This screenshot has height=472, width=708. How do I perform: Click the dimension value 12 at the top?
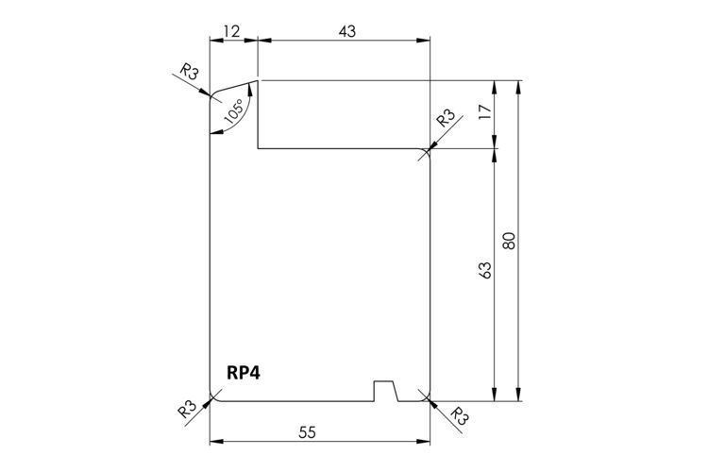[231, 31]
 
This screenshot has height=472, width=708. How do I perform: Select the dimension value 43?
[346, 31]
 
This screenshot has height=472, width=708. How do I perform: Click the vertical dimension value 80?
[510, 240]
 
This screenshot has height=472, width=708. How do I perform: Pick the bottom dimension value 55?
[308, 432]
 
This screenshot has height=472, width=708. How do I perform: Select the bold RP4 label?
[244, 372]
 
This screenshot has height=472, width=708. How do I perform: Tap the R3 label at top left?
[190, 72]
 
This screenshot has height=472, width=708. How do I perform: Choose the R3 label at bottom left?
[187, 409]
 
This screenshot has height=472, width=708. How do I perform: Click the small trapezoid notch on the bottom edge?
[385, 391]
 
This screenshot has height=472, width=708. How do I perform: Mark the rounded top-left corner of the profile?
[214, 96]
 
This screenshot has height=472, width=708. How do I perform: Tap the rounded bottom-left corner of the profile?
[212, 397]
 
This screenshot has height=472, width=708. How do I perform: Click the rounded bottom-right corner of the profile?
[427, 397]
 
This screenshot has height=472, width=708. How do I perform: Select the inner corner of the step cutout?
[259, 148]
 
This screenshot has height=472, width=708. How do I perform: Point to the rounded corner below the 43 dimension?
[427, 152]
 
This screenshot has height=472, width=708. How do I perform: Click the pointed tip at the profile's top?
[258, 81]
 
